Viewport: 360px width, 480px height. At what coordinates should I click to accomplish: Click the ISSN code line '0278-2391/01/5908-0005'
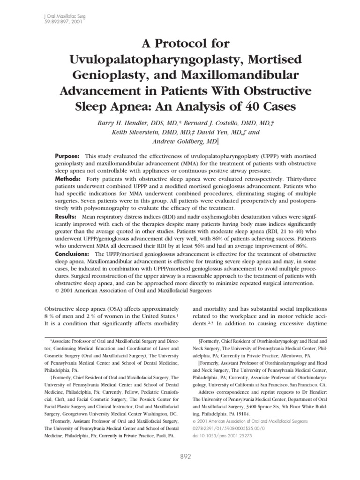click(225, 428)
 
